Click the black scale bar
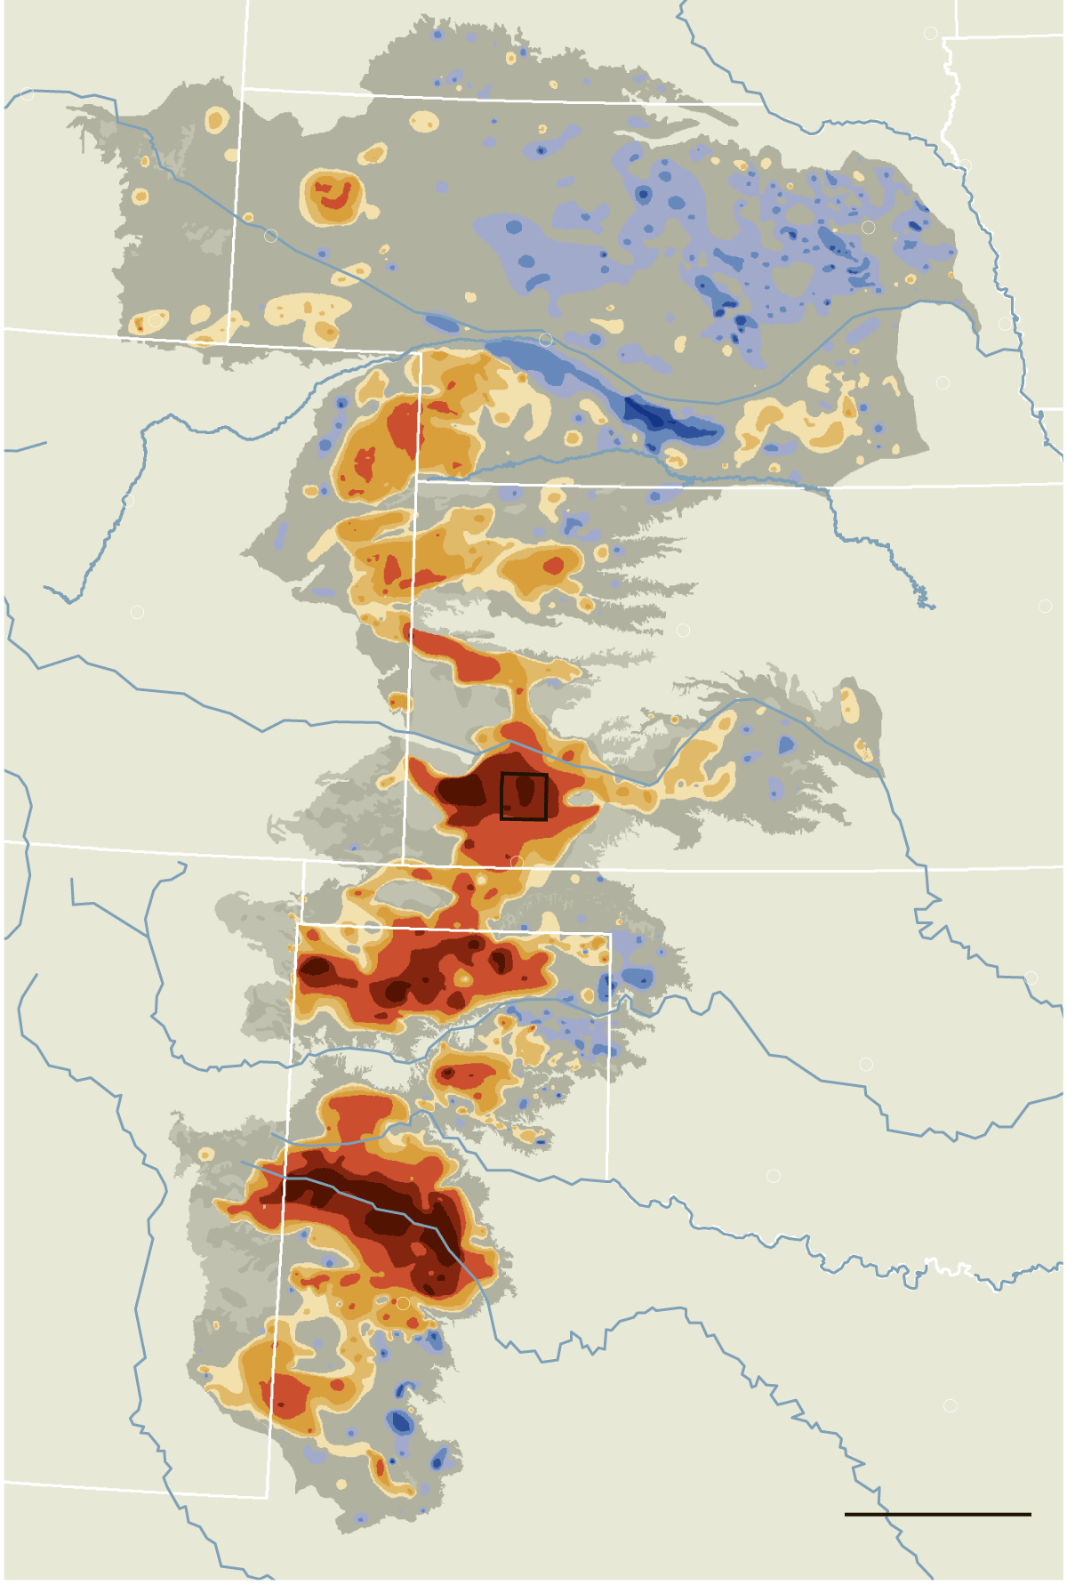coord(937,1514)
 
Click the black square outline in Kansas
coord(524,796)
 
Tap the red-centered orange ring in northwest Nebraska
coord(333,196)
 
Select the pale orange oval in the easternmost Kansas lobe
coord(850,705)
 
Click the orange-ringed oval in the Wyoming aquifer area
coord(216,120)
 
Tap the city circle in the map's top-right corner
coord(930,33)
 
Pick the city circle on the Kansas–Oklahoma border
coord(516,861)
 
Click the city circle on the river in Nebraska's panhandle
coord(270,236)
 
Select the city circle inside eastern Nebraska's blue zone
coord(868,227)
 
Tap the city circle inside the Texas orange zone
coord(403,1303)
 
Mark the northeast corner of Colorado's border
coord(420,352)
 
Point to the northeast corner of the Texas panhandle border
coord(611,934)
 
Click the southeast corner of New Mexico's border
coord(268,1498)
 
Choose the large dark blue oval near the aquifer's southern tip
coord(400,1422)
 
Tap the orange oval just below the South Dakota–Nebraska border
coord(424,120)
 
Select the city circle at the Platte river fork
coord(546,340)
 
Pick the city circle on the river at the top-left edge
coord(28,93)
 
